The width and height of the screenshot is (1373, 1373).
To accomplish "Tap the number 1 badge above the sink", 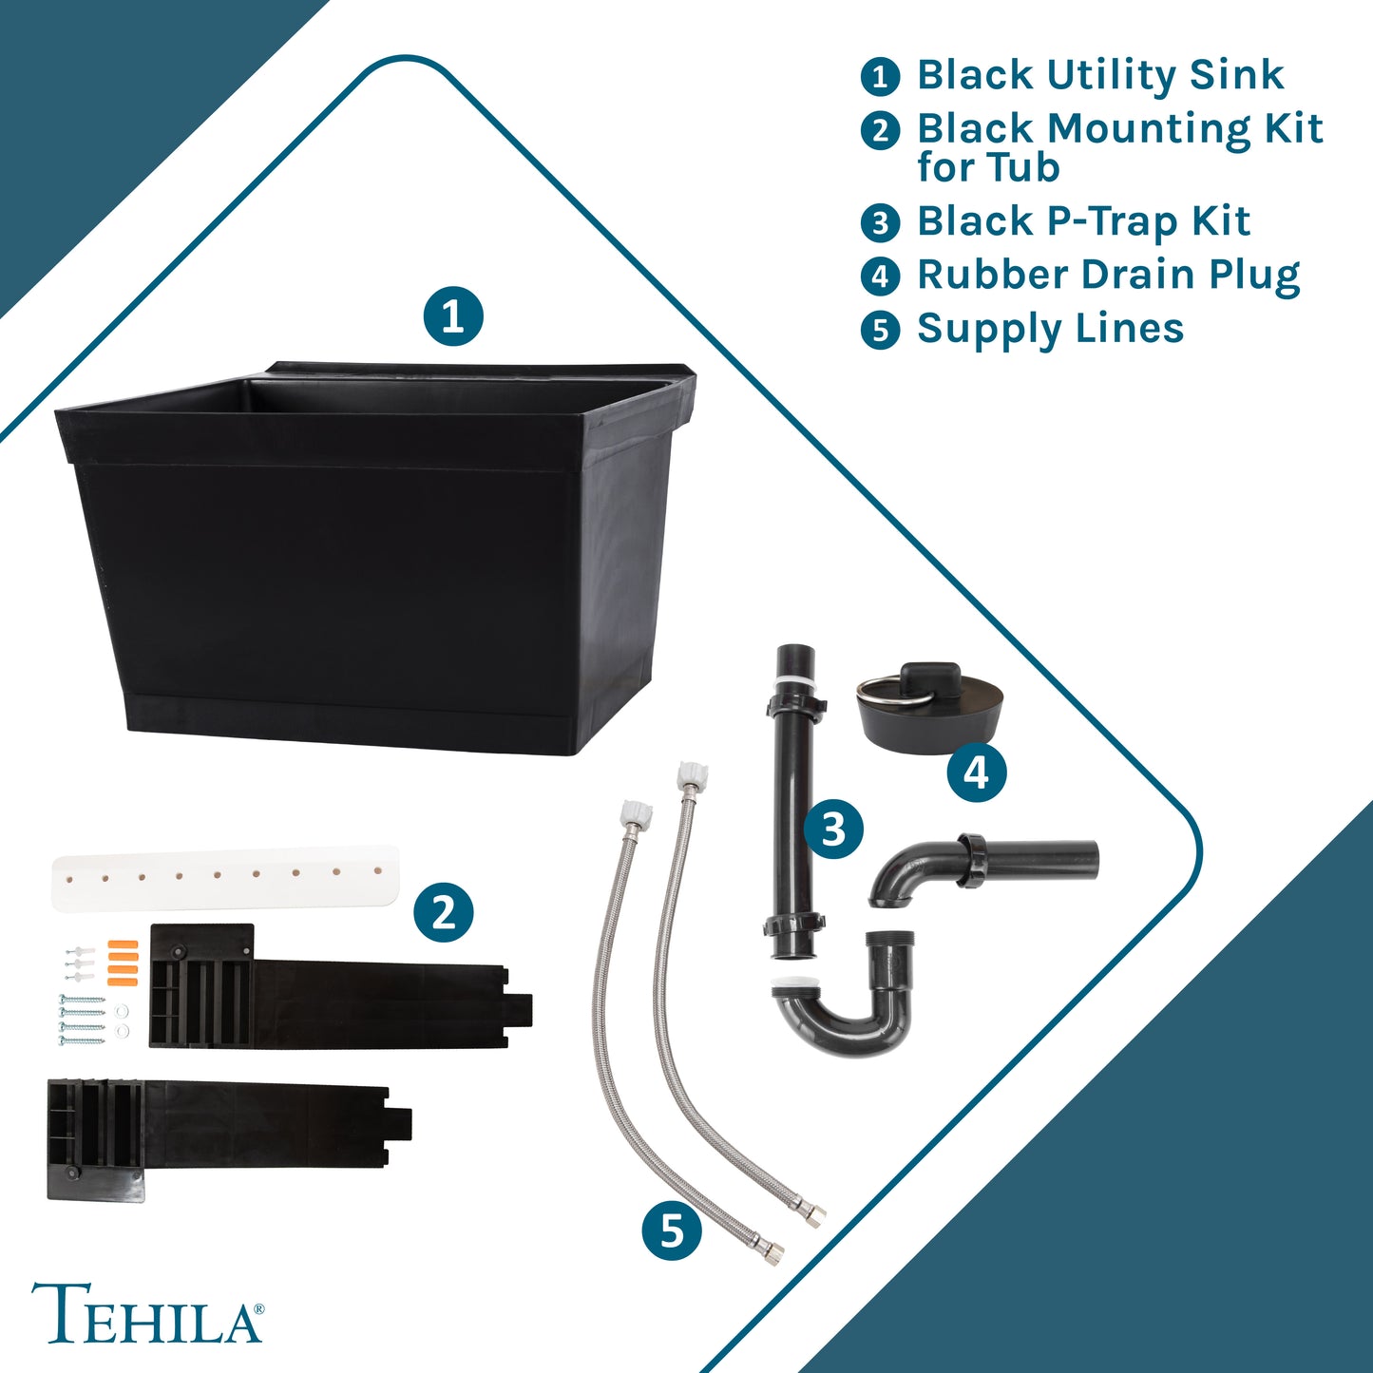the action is click(453, 316).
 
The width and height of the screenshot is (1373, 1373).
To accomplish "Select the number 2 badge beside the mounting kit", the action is click(444, 912).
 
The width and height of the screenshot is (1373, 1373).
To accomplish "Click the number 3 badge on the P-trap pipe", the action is click(833, 830).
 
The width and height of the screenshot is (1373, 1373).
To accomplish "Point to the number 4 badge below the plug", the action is click(976, 772).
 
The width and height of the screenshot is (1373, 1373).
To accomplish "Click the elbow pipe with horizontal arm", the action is click(983, 868).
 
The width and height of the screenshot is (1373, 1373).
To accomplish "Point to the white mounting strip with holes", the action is click(225, 878).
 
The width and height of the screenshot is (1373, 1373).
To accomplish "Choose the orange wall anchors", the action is click(122, 963).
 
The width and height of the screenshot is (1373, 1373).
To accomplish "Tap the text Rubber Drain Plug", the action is click(1108, 275).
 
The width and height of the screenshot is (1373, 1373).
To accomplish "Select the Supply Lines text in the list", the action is click(1050, 329).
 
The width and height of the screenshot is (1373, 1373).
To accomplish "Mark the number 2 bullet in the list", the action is click(880, 130).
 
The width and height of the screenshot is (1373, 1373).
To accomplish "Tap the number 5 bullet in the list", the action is click(880, 330).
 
